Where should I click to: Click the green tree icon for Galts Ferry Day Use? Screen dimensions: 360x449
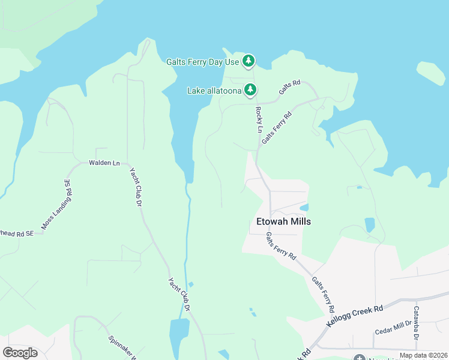(249, 61)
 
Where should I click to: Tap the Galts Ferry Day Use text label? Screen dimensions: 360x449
(203, 61)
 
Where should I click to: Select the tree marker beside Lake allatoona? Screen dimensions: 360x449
(250, 91)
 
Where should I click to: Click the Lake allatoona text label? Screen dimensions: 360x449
(214, 91)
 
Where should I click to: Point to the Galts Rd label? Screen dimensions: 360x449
(289, 89)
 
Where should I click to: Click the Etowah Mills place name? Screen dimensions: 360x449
(283, 221)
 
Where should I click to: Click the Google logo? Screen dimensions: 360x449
(20, 353)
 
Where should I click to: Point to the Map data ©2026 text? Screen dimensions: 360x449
(423, 355)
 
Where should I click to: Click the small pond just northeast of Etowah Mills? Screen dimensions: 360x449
(304, 208)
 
